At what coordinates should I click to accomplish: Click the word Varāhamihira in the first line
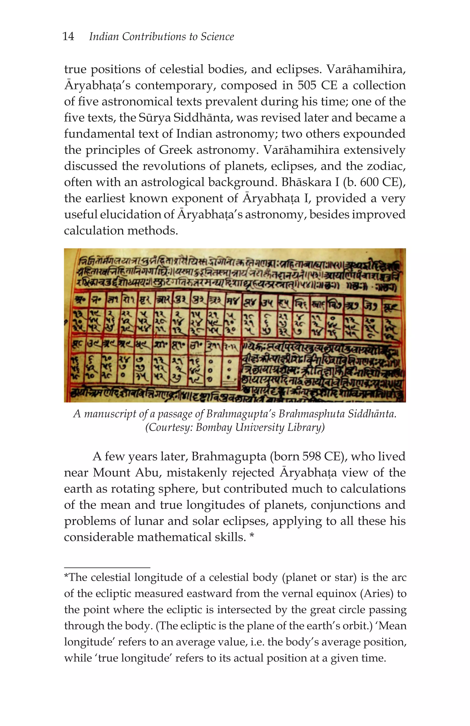(x=366, y=69)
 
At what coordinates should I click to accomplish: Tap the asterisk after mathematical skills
(x=252, y=537)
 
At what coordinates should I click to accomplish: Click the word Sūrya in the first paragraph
(x=155, y=118)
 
